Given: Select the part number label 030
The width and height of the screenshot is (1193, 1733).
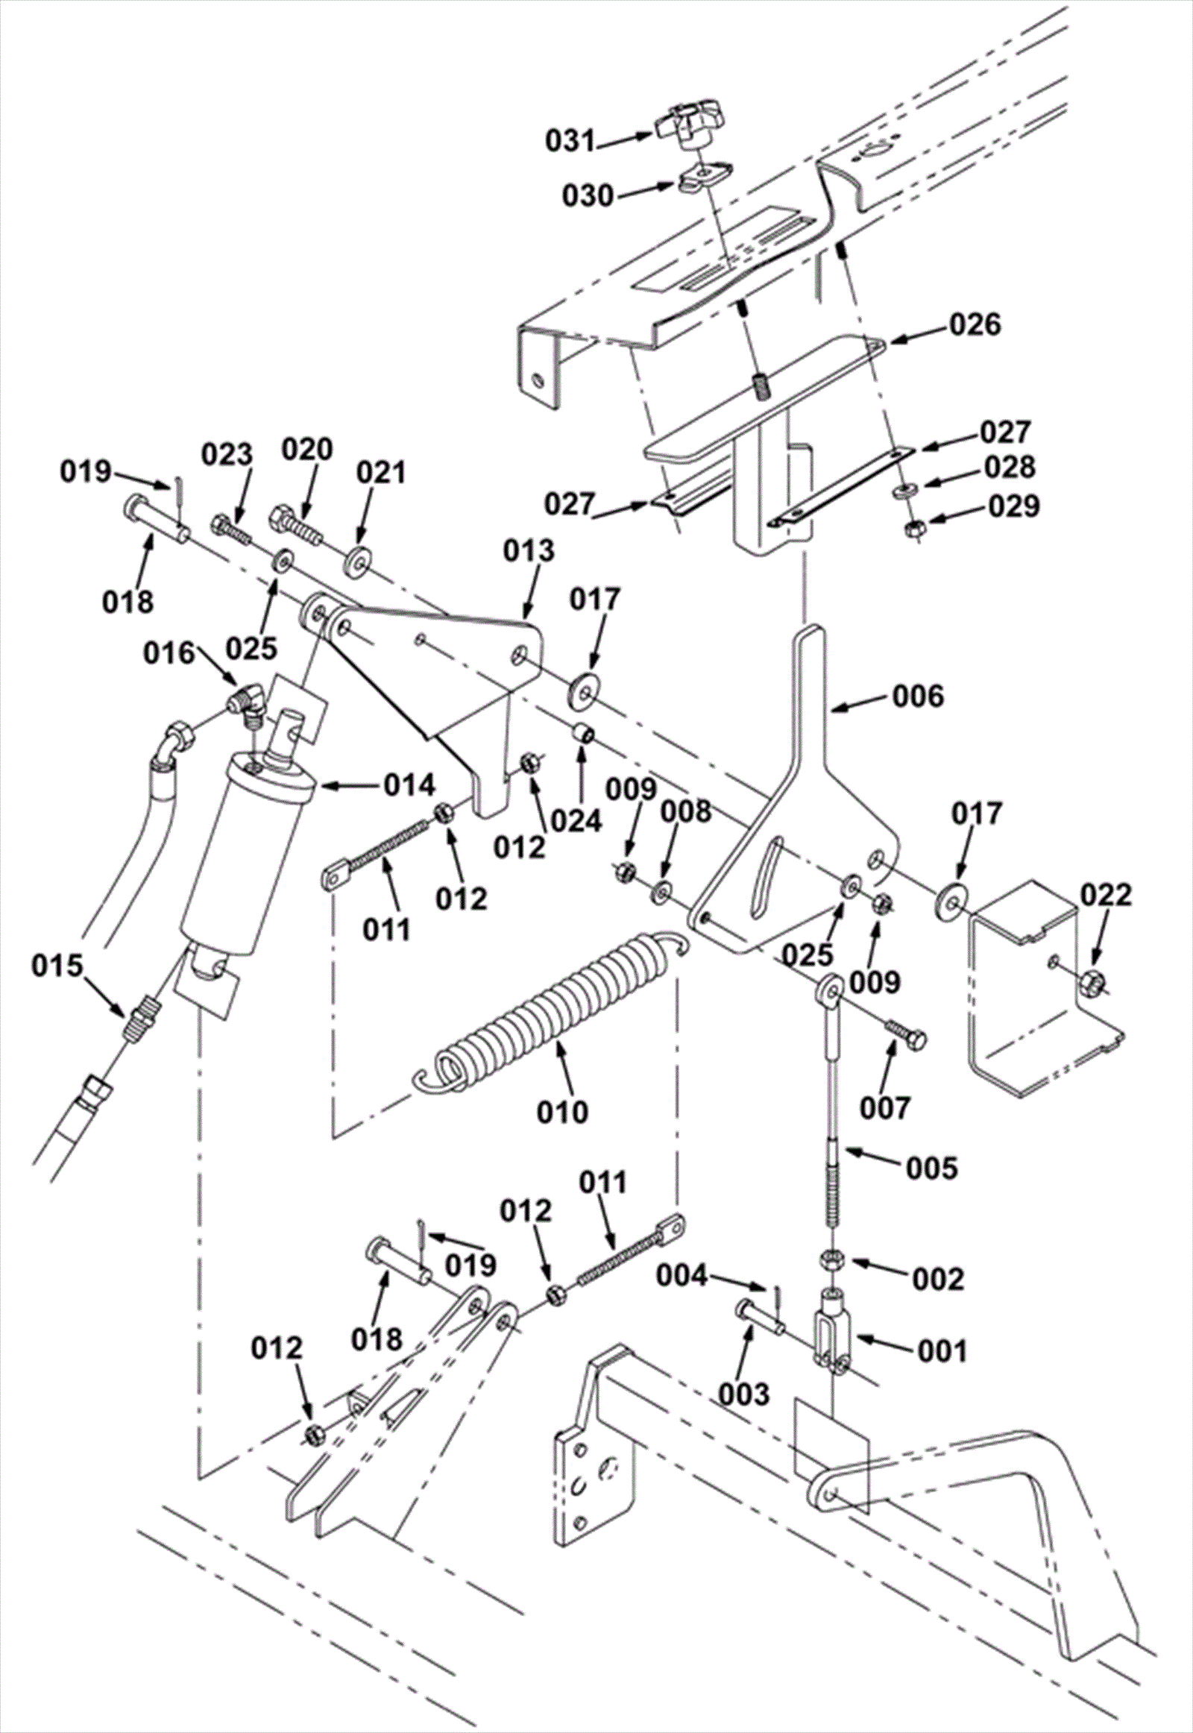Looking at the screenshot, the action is [588, 197].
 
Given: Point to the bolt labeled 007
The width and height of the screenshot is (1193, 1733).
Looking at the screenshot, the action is [905, 1034].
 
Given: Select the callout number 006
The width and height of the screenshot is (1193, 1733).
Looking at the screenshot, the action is [919, 696].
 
